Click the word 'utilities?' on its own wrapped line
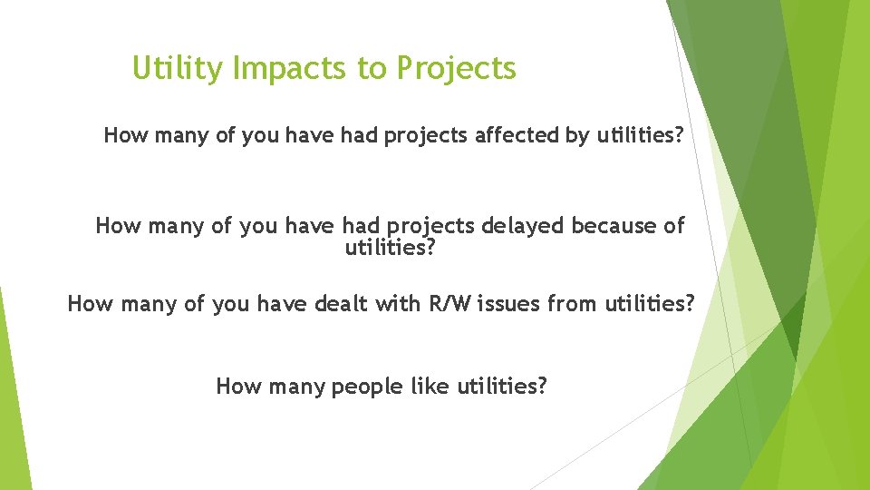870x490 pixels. click(x=391, y=247)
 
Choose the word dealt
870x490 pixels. click(x=341, y=304)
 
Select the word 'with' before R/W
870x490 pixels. click(x=395, y=304)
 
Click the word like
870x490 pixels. click(x=430, y=387)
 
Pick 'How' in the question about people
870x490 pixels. click(x=238, y=387)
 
